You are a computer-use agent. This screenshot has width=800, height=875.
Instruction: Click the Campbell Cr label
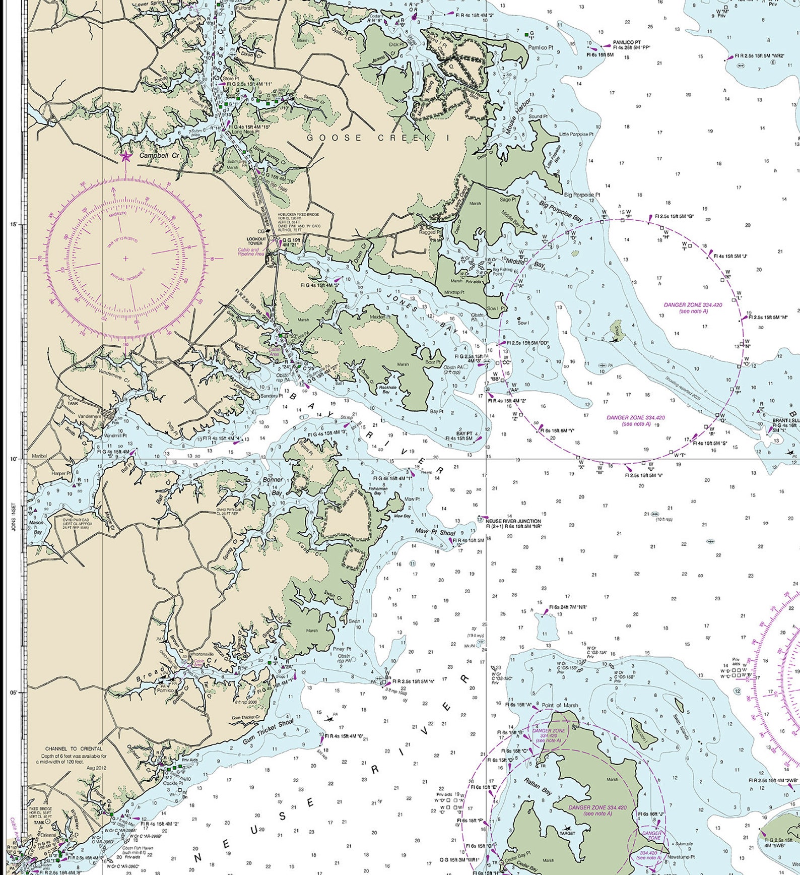[x=159, y=156]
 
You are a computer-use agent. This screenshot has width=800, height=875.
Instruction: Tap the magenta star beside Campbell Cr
[x=125, y=157]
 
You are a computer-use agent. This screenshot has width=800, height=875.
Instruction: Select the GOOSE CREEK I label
[x=377, y=138]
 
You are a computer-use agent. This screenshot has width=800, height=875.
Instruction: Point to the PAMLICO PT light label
[x=627, y=42]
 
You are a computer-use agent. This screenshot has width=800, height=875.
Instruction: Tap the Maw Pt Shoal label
[x=435, y=532]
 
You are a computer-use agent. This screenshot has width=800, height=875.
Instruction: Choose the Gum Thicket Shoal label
[x=268, y=732]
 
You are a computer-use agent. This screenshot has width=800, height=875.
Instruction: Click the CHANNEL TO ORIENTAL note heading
[x=74, y=749]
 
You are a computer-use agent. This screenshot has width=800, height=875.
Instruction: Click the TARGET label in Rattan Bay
[x=567, y=833]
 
